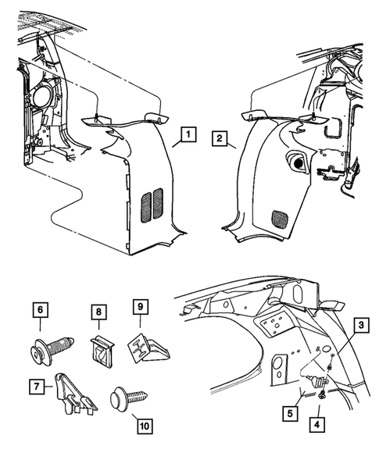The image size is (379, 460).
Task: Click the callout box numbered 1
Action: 185,135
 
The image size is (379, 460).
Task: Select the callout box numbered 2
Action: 221,140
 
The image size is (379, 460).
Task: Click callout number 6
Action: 37,310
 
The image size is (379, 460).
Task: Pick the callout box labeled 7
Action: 37,385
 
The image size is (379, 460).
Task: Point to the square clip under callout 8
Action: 99,348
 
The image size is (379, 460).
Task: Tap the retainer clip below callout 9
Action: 145,347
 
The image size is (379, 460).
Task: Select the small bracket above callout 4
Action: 318,382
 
